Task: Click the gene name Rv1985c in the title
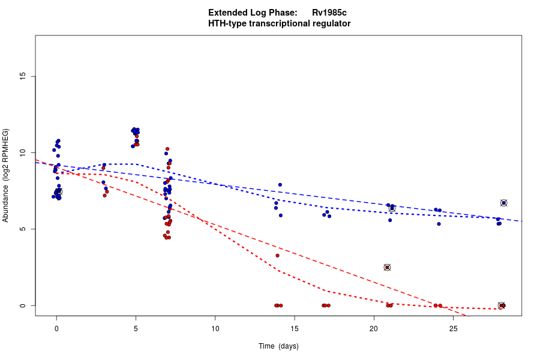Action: [329, 13]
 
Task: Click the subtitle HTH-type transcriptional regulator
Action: [279, 23]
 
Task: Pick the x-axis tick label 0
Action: [56, 328]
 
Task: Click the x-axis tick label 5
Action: [136, 328]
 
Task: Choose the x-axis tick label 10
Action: [215, 328]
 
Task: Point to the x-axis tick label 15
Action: [294, 328]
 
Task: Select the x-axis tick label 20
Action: [374, 328]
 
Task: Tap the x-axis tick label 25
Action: [453, 328]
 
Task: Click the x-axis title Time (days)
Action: [278, 346]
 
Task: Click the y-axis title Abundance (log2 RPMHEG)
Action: [6, 175]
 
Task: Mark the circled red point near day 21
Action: [387, 267]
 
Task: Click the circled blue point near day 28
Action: [504, 203]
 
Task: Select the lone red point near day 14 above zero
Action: [277, 256]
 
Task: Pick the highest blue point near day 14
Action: [280, 185]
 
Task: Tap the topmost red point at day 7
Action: [167, 149]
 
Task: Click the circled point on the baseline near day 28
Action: [502, 305]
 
